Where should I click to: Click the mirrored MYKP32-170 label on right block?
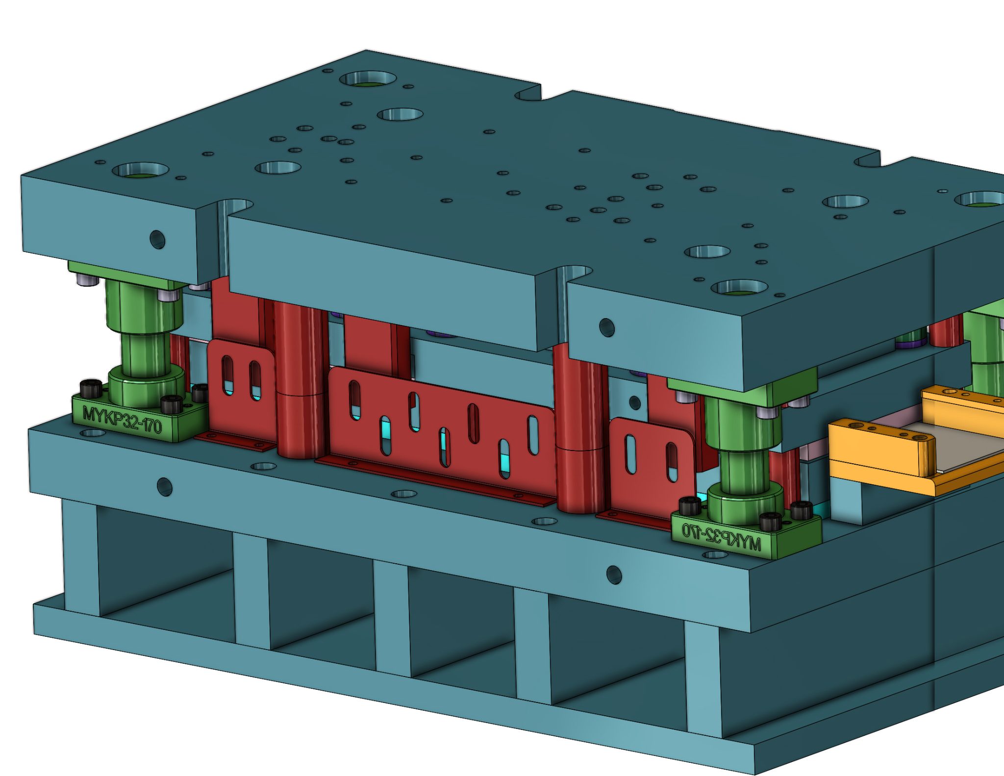[x=722, y=535]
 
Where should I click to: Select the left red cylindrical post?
[x=300, y=377]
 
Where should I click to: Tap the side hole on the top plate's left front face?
[x=157, y=239]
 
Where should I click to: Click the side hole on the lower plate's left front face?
[x=164, y=486]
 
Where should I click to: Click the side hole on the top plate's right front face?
[x=606, y=327]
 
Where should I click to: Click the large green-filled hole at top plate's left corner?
[x=141, y=172]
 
